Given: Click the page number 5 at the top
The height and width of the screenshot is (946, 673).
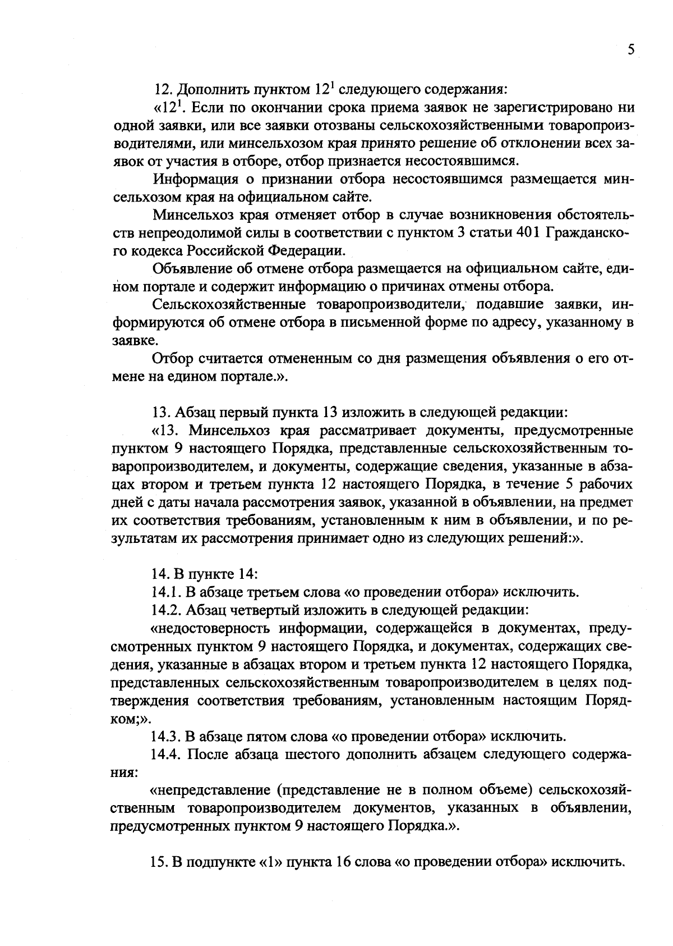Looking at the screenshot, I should pos(631,50).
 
